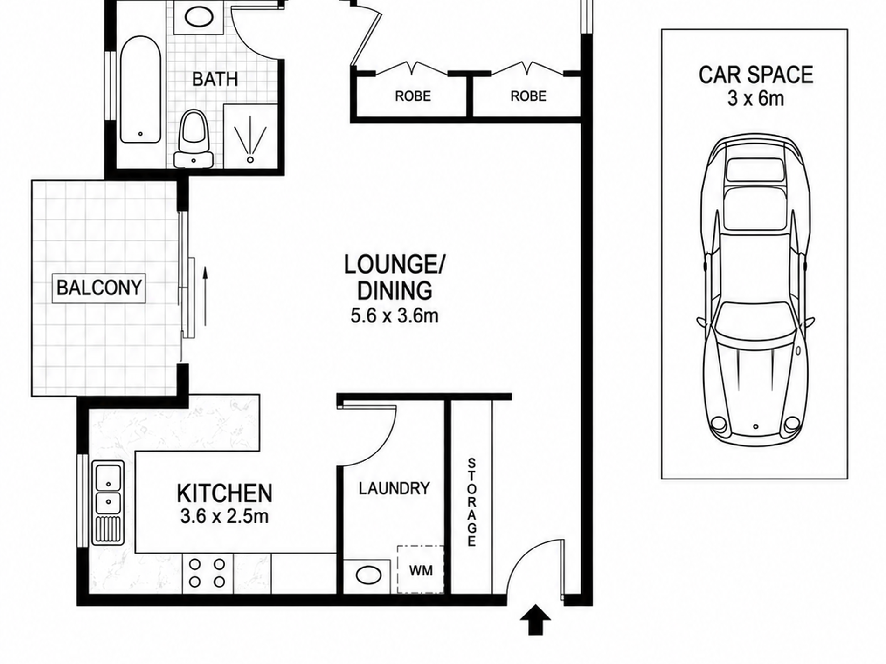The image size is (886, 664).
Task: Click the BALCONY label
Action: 99,288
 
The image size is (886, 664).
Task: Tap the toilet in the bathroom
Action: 194,138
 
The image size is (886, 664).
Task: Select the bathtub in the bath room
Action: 140,89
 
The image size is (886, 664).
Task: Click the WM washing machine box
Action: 421,569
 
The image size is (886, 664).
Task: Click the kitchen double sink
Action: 108,503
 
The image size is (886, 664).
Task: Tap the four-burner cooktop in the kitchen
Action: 207,573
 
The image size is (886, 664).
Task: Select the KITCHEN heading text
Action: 225,493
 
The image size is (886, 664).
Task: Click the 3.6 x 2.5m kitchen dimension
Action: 224,517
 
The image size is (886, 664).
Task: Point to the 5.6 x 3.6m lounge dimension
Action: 395,316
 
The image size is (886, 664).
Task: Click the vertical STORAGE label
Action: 471,502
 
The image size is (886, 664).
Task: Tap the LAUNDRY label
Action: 394,488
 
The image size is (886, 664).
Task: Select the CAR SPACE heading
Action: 756,75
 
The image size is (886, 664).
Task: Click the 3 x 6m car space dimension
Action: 756,99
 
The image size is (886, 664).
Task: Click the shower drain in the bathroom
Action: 250,159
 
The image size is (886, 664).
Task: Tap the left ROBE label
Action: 413,96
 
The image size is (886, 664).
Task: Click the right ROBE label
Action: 528,96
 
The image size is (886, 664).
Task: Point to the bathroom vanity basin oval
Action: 199,17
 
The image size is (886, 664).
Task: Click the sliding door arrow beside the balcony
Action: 204,296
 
